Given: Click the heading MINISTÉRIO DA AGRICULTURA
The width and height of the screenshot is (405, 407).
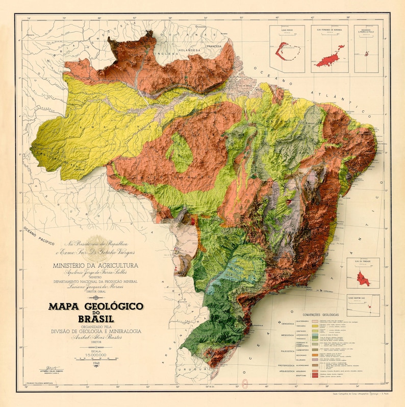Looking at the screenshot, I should (x=95, y=265).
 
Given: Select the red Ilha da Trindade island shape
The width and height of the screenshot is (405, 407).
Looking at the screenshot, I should (x=363, y=278).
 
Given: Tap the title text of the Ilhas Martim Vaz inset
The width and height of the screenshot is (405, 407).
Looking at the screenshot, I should (x=363, y=296).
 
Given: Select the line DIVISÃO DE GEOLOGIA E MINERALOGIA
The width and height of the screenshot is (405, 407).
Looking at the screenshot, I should (x=95, y=331).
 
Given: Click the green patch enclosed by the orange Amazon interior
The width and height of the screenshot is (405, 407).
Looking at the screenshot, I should (x=180, y=152).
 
